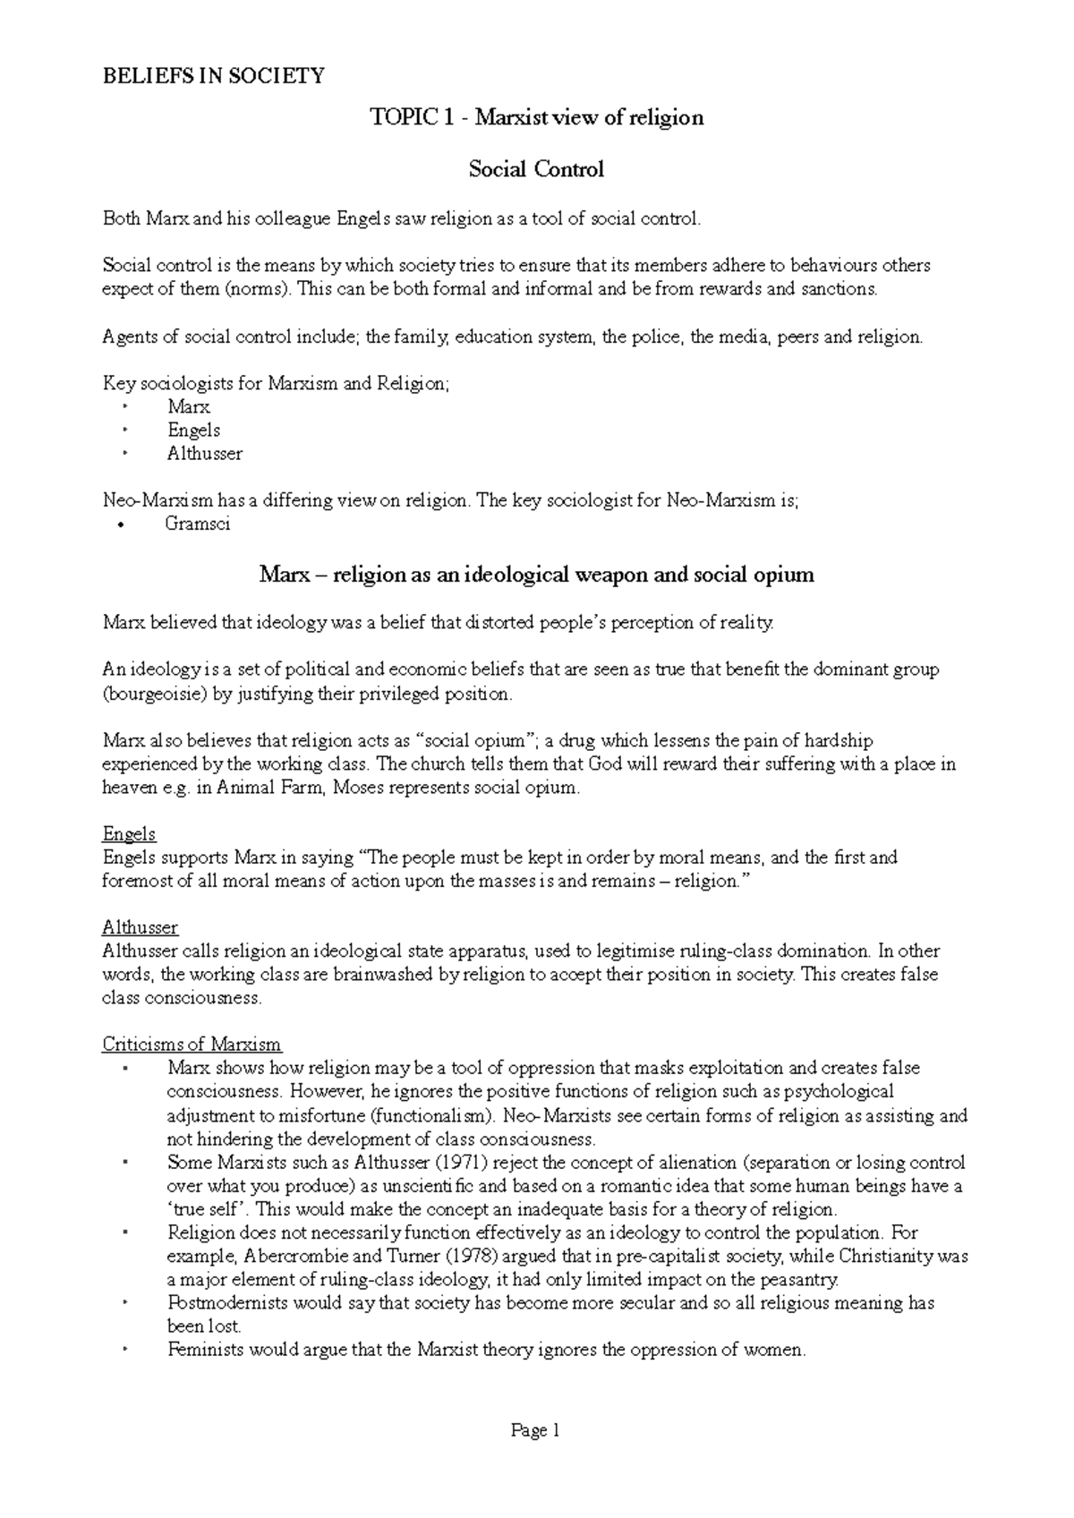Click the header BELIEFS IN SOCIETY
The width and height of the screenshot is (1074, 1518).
coord(213,76)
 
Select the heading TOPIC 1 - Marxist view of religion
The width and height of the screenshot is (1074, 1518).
coord(537,117)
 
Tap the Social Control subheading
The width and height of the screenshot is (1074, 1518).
coord(536,169)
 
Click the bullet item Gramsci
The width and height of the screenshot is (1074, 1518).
coord(197,524)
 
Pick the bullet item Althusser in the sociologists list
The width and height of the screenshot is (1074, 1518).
coord(204,454)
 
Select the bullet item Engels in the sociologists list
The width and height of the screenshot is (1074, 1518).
coord(193,431)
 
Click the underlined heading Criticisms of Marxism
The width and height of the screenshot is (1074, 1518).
coord(192,1045)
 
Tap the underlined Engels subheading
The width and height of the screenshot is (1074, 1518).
coord(129,834)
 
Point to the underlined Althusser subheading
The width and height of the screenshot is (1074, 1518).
coord(140,927)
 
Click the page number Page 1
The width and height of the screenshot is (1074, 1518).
coord(535,1431)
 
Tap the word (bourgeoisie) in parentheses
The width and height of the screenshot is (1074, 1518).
coord(154,694)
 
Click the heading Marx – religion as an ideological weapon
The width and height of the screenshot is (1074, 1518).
coord(536,575)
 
